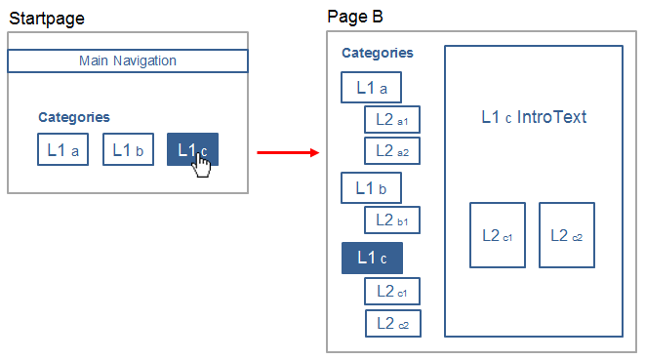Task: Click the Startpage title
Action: [47, 19]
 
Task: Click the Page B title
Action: [355, 17]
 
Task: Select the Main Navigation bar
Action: [128, 60]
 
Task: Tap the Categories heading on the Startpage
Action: [74, 117]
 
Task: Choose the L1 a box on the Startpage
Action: [62, 149]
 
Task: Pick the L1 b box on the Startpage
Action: [129, 149]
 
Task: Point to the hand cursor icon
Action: [202, 165]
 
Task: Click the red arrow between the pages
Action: [288, 152]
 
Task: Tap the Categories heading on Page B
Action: [378, 53]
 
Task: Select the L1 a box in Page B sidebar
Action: [372, 87]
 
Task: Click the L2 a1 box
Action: [392, 119]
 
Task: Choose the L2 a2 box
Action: [392, 151]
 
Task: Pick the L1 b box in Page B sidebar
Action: [372, 188]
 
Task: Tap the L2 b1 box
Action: [392, 220]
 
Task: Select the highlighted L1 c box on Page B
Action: [373, 258]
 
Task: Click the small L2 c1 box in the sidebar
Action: [392, 292]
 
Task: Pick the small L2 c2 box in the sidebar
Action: [393, 323]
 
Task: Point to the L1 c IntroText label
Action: [534, 117]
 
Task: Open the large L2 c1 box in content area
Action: [498, 235]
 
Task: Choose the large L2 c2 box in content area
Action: [567, 235]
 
